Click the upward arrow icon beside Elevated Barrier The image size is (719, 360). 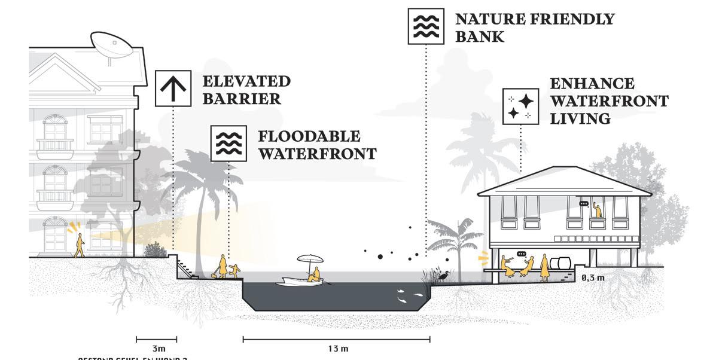(x=173, y=88)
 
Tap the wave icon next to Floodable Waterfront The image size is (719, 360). (x=229, y=144)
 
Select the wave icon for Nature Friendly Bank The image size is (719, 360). (x=426, y=26)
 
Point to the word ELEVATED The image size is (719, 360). (x=246, y=81)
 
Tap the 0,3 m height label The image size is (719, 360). (x=592, y=277)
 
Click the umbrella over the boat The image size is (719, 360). (x=310, y=260)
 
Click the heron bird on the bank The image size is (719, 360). (x=443, y=275)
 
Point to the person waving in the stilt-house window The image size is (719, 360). (x=596, y=209)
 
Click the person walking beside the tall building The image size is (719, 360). (x=79, y=245)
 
